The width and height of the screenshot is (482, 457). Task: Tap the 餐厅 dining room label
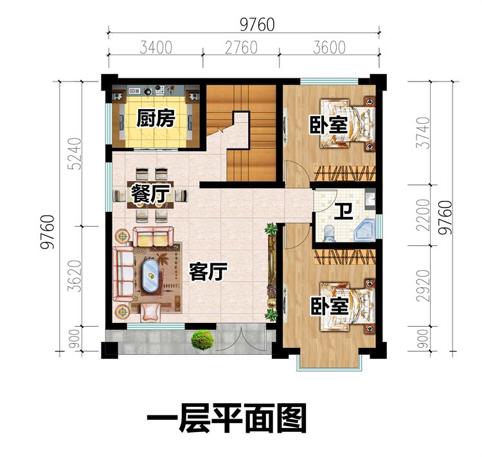click(150, 193)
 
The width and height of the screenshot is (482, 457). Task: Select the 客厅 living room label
click(208, 272)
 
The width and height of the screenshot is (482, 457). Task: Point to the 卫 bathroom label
click(343, 211)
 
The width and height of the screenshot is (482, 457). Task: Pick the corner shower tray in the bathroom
click(364, 230)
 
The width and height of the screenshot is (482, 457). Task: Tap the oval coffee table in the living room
click(150, 275)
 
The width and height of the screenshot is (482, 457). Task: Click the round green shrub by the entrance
click(202, 340)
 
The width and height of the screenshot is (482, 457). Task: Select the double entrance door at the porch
click(241, 338)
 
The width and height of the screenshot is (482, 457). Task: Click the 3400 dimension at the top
click(156, 48)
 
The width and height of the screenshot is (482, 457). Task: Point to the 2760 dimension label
click(241, 48)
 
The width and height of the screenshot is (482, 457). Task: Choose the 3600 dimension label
click(329, 48)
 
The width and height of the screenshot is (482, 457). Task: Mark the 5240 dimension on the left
click(75, 154)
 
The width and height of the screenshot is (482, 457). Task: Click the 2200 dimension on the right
click(423, 215)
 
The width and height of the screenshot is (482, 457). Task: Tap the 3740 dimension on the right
click(423, 133)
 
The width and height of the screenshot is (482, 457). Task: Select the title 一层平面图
click(227, 418)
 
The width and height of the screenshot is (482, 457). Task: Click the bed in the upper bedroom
click(348, 123)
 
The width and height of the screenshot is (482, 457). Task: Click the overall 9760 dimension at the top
click(257, 24)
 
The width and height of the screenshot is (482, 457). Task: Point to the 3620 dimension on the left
click(75, 276)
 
